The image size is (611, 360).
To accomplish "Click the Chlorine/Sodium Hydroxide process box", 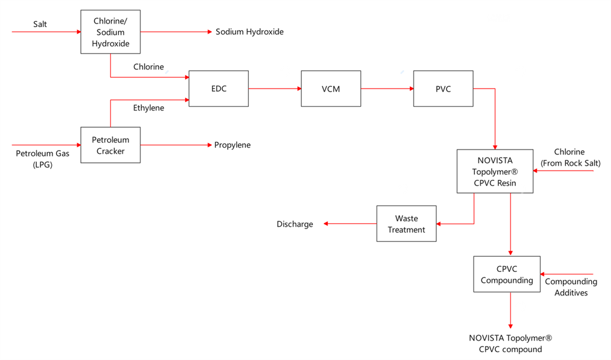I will pos(110,32).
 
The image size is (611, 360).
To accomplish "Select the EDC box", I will pos(218,89).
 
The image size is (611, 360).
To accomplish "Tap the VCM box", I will pos(331,89).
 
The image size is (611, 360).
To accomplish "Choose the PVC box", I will pos(443,89).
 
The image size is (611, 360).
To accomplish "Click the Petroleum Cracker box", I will pos(110,145).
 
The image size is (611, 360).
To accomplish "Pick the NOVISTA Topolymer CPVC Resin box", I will pos(495,171).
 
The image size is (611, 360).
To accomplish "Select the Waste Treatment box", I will pos(406,224).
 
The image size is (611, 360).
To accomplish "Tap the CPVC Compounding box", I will pos(507,274).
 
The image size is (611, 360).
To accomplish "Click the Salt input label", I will pos(40,24).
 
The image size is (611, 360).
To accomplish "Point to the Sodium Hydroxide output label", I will pos(249,32).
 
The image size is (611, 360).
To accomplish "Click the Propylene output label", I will pos(232,145).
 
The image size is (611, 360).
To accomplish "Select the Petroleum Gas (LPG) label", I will pos(42,159).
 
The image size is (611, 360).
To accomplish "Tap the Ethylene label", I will pos(148,108).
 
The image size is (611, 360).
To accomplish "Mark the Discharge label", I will pos(295,224).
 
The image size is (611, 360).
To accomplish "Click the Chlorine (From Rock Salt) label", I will pos(569,157).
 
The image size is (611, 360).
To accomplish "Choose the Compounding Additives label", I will pos(571,287).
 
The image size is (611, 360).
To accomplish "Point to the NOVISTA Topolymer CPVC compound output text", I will pos(510,344).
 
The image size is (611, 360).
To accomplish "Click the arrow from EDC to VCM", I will pos(275,89).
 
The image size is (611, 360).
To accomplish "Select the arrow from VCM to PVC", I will pos(387,89).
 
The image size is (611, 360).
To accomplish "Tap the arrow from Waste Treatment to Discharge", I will pos(349,224).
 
